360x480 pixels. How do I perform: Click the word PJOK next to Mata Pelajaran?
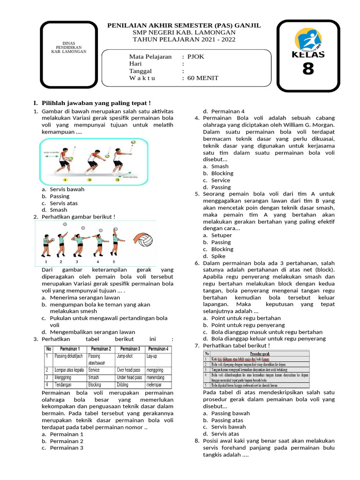(195, 57)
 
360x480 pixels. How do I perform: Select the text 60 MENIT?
(202, 78)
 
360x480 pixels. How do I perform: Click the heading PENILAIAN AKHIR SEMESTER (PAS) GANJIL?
(184, 25)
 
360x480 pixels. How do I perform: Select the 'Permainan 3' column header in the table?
(130, 349)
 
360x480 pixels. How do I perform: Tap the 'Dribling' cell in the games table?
(124, 384)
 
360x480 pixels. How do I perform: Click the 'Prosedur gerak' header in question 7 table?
(259, 353)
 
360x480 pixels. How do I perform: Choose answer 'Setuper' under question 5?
(221, 235)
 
